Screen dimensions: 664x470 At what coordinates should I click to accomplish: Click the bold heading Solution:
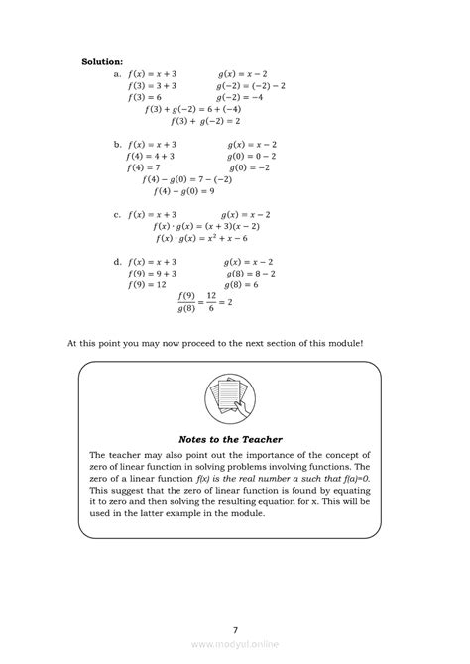click(102, 61)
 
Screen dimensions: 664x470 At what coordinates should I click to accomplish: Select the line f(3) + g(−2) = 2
click(205, 121)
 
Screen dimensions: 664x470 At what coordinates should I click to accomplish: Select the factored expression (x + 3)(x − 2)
click(240, 226)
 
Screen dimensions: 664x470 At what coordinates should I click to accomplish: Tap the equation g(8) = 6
click(251, 284)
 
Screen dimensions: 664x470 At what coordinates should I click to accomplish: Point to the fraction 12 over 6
click(209, 302)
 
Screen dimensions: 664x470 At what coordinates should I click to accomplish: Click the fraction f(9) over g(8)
click(185, 302)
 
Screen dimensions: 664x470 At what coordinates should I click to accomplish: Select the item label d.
click(117, 262)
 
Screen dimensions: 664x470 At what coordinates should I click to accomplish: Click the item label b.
click(117, 144)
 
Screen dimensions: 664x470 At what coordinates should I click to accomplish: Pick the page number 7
click(235, 628)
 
